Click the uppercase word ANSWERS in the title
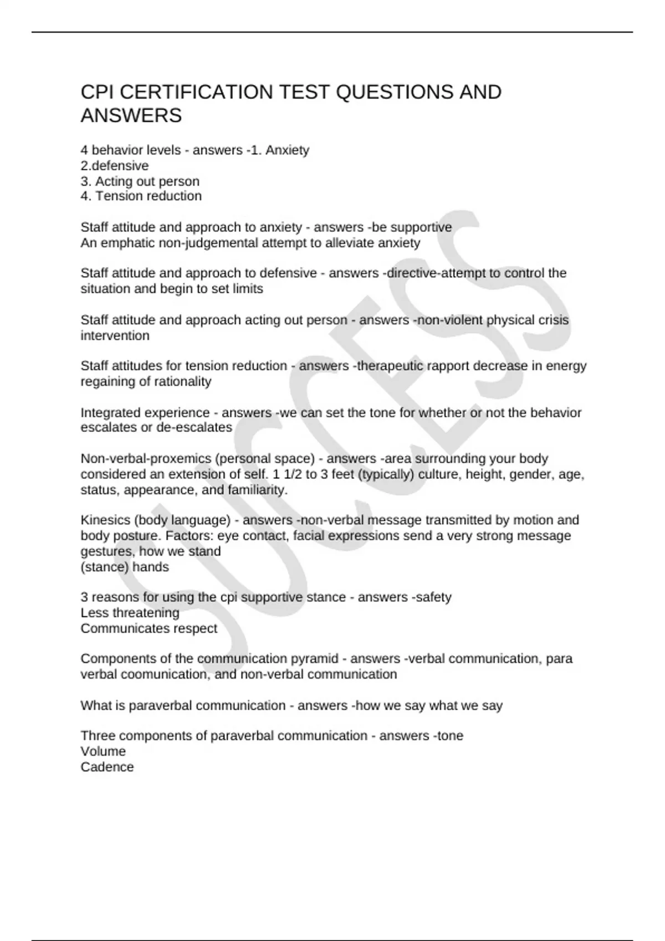tap(131, 116)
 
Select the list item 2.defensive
tap(115, 166)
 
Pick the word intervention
tap(115, 335)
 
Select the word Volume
tap(103, 751)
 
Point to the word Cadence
tap(107, 767)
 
